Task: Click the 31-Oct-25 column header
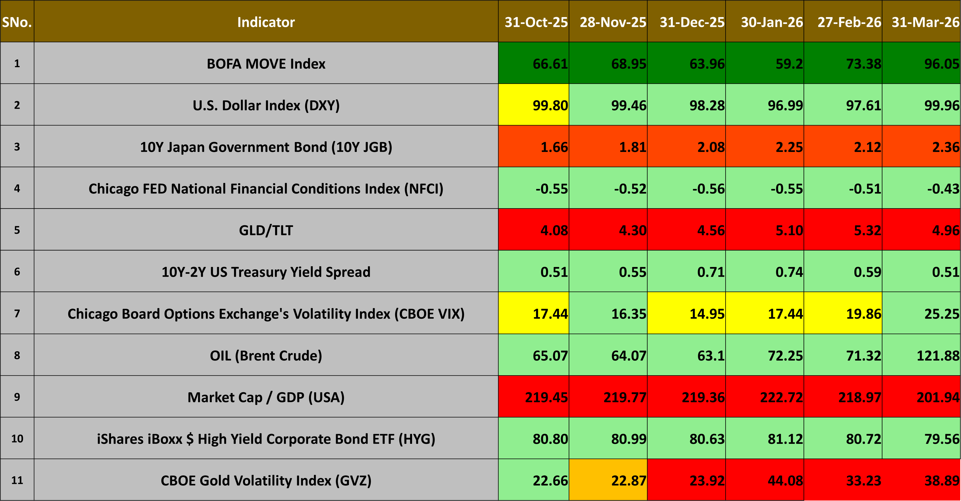(536, 22)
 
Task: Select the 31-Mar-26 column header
(926, 22)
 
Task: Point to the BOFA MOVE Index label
(266, 64)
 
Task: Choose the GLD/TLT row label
(266, 230)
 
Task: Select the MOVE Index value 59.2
(789, 64)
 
